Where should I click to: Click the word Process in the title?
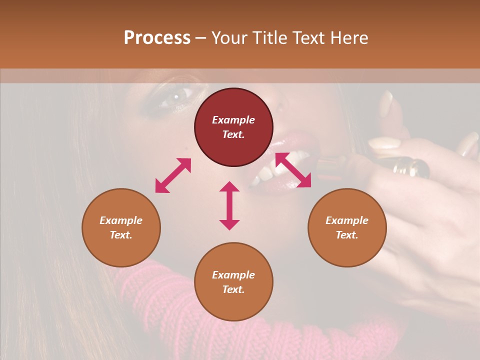point(157,38)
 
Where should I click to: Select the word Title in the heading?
point(269,38)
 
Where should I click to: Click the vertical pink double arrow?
point(229,205)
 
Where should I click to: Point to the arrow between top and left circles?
point(173,175)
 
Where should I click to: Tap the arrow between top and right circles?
point(293,170)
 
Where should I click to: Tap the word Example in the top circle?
point(233,120)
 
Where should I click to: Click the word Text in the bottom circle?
point(233,289)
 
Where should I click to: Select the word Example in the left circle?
point(121,220)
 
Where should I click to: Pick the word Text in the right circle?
point(347,235)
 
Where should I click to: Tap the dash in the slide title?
point(201,38)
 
